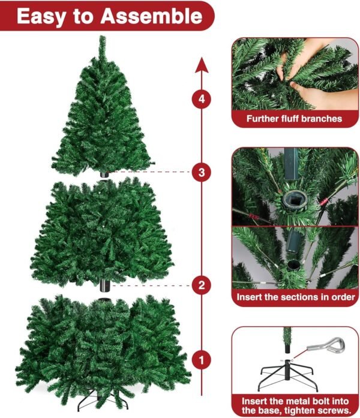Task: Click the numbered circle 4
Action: coord(202,99)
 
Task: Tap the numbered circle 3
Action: coord(202,172)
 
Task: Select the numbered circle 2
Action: coord(202,285)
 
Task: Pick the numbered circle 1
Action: coord(202,360)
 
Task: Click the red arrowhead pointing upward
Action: coord(202,65)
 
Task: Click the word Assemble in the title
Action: coord(151,16)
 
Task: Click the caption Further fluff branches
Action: coord(294,119)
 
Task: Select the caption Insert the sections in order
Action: coord(296,297)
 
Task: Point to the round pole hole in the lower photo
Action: coord(293,264)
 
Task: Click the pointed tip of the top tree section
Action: coord(102,36)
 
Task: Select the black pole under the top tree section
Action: coord(104,175)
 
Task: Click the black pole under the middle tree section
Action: coord(105,285)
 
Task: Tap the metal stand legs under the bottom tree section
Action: coord(103,401)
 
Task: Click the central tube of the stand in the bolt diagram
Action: coord(287,370)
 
